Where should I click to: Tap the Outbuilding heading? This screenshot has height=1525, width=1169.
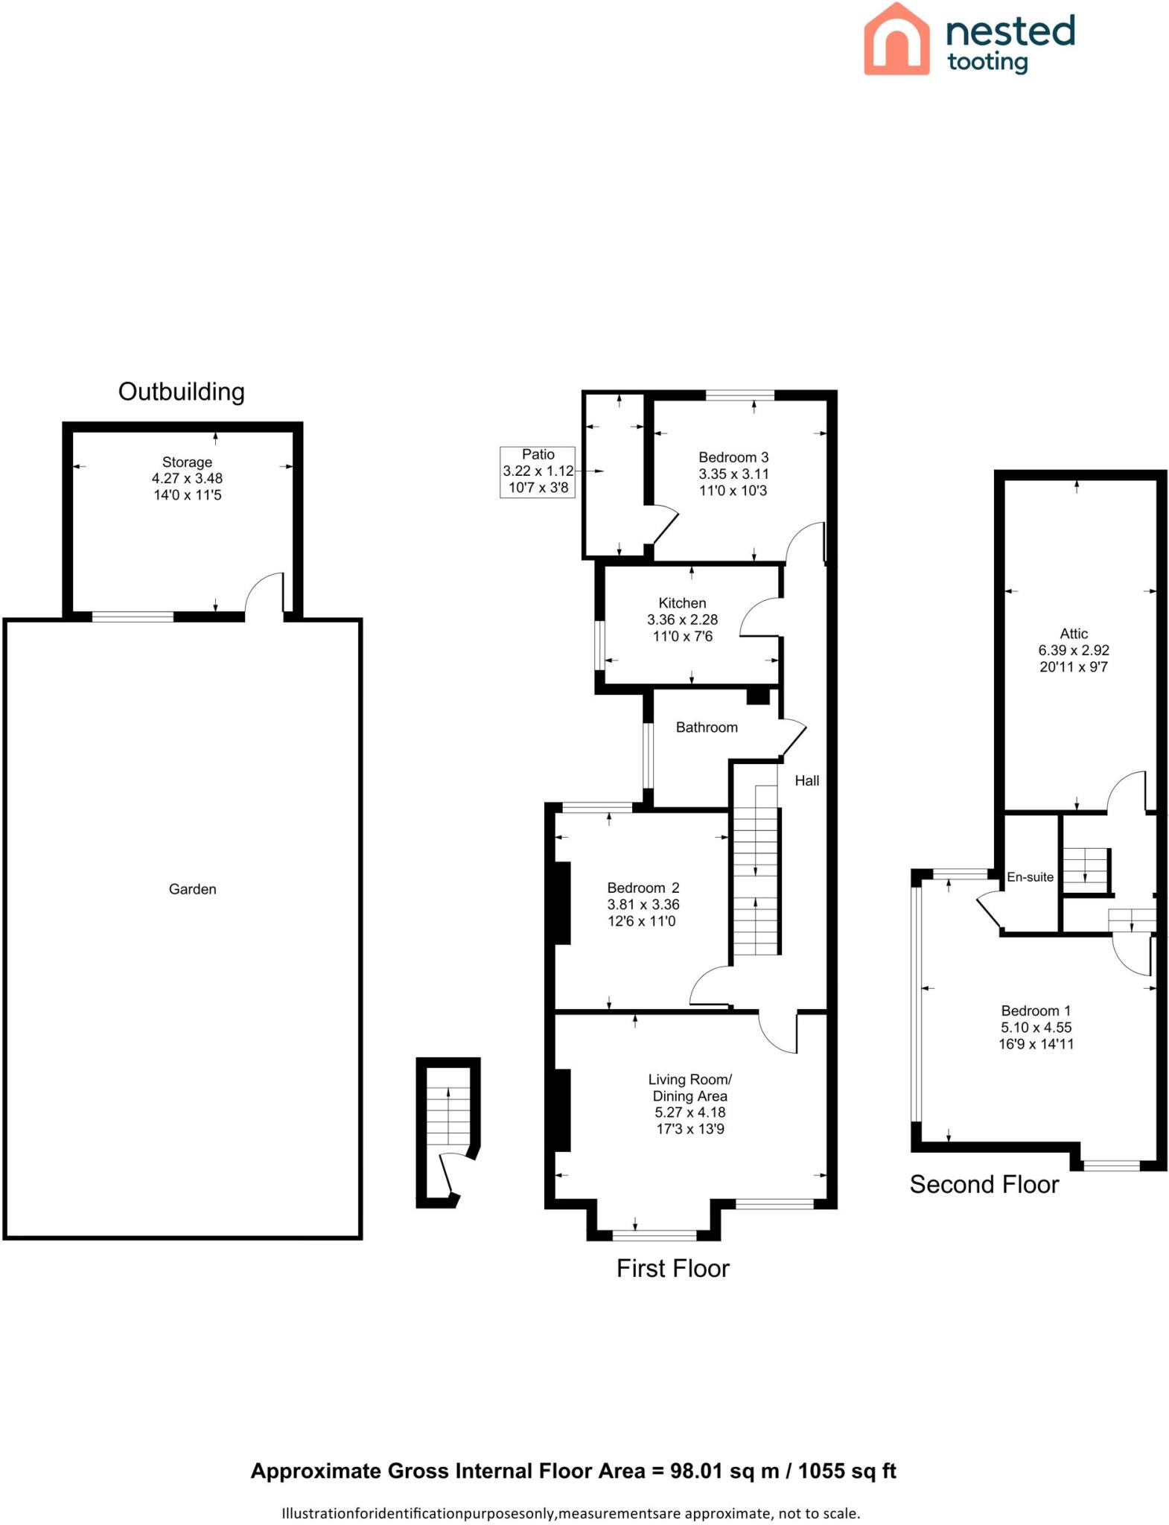click(181, 392)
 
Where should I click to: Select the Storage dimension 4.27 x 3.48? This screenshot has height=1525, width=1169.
click(187, 479)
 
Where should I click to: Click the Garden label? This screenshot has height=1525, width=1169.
click(192, 889)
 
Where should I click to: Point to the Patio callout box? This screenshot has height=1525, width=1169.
click(538, 471)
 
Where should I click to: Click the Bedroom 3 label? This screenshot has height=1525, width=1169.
click(733, 457)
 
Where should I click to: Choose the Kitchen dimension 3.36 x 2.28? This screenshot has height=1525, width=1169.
click(682, 620)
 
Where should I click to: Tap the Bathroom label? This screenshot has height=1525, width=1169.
click(706, 728)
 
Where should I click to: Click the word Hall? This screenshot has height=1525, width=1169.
click(806, 780)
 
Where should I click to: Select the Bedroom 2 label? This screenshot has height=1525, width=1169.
click(643, 888)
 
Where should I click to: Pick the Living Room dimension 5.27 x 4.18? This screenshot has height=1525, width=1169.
click(689, 1112)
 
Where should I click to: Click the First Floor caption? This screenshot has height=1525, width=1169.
click(672, 1268)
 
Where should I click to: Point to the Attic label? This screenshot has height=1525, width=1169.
click(1073, 634)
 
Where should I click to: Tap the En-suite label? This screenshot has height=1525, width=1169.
click(1030, 877)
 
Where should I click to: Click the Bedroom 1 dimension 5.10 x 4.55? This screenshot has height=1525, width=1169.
click(1036, 1027)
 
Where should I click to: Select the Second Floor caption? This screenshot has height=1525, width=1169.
click(984, 1184)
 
